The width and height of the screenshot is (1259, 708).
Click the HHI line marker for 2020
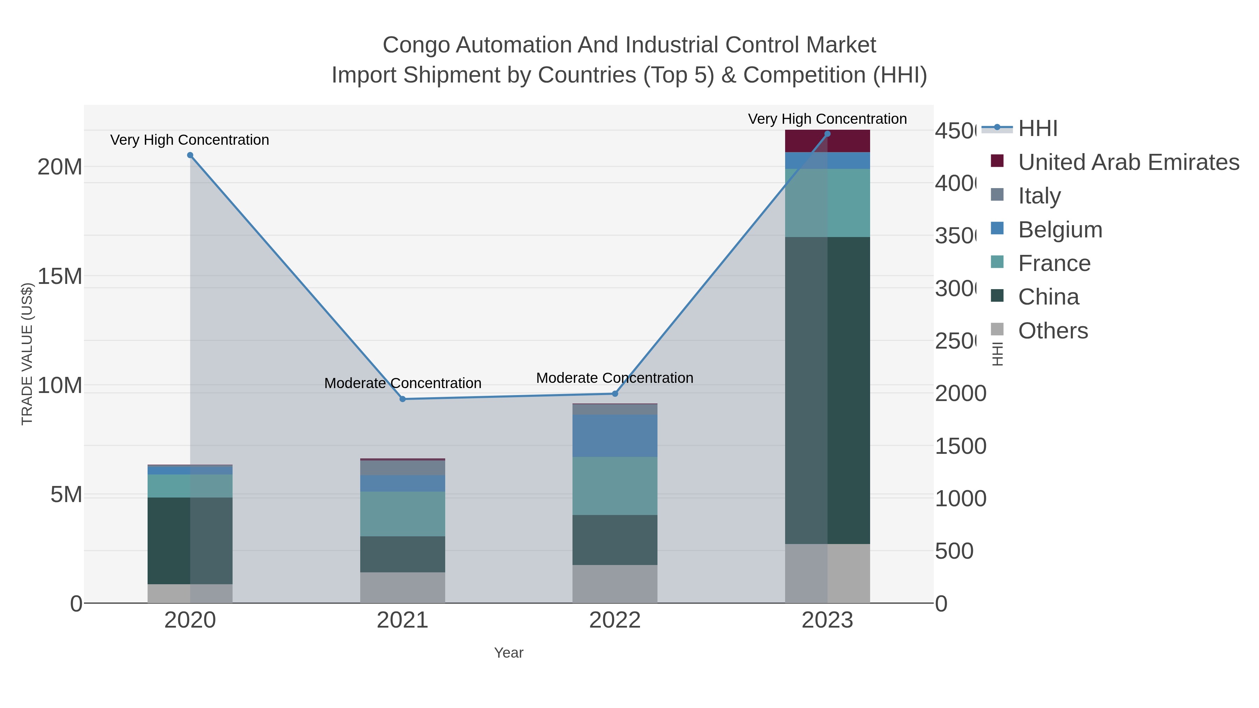pyautogui.click(x=190, y=155)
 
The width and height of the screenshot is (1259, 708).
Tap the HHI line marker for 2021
pyautogui.click(x=403, y=399)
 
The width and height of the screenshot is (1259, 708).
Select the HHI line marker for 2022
pyautogui.click(x=615, y=394)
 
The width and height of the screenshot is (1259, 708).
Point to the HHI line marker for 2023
pyautogui.click(x=827, y=134)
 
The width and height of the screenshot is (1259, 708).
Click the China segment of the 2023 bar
pyautogui.click(x=827, y=391)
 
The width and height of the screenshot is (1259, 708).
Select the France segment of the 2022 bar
pyautogui.click(x=615, y=486)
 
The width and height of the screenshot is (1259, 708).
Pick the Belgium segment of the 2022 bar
pyautogui.click(x=615, y=436)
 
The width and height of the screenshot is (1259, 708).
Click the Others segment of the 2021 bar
pyautogui.click(x=403, y=588)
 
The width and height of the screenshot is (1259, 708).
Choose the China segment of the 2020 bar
pyautogui.click(x=190, y=541)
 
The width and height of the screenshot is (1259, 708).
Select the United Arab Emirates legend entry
pyautogui.click(x=1128, y=162)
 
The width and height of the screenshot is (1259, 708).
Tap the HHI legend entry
pyautogui.click(x=1038, y=129)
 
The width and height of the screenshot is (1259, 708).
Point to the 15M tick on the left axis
pyautogui.click(x=59, y=277)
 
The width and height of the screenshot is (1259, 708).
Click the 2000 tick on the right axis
pyautogui.click(x=960, y=394)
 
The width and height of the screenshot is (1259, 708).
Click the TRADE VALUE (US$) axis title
pyautogui.click(x=27, y=354)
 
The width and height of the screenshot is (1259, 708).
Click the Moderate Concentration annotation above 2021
pyautogui.click(x=403, y=383)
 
